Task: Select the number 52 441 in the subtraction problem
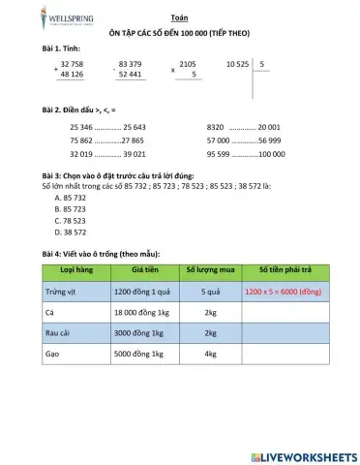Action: pos(129,74)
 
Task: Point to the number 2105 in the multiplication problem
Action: pos(188,63)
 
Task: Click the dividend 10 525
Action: pos(238,63)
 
